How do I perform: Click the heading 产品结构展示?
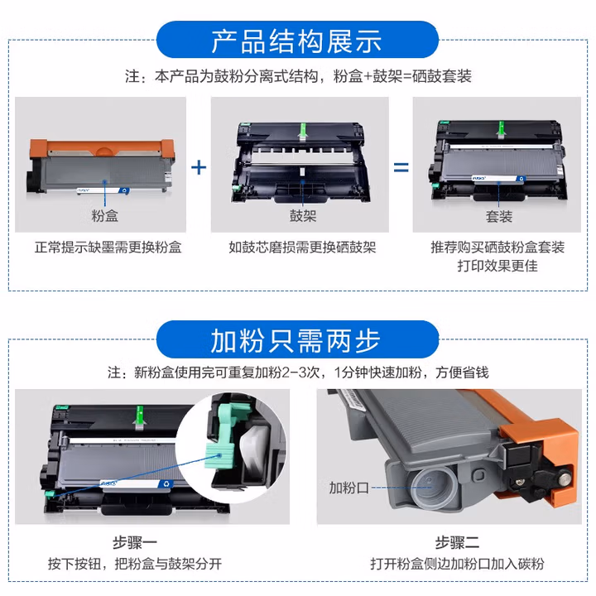(x=297, y=41)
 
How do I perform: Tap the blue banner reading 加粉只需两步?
(x=297, y=339)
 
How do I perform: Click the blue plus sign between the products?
(x=199, y=167)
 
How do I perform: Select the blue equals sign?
(x=401, y=167)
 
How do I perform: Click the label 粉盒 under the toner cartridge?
(x=104, y=216)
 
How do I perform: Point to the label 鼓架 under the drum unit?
(x=303, y=216)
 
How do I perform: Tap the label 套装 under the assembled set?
(x=498, y=217)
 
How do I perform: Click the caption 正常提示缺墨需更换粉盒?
(x=108, y=248)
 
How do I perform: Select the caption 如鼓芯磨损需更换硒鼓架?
(x=302, y=248)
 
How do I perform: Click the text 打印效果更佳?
(x=497, y=266)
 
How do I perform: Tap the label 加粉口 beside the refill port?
(x=349, y=488)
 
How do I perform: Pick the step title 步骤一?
(x=135, y=542)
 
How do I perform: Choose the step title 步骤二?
(x=457, y=542)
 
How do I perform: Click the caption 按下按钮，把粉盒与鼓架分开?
(x=135, y=564)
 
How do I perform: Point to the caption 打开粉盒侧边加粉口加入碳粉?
(x=457, y=564)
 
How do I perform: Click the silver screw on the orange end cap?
(x=565, y=474)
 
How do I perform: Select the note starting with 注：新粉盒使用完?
(x=298, y=372)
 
